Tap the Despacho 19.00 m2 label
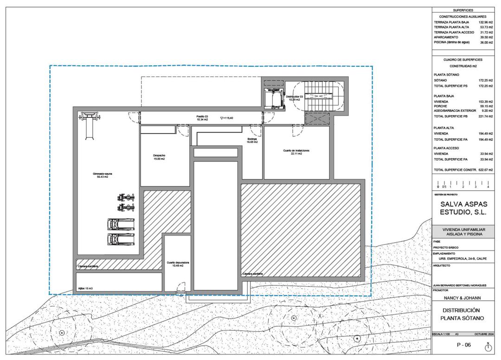click(x=160, y=157)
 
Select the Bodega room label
click(x=252, y=140)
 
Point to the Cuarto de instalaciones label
click(x=296, y=152)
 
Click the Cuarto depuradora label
click(x=178, y=264)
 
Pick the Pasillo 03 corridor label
click(x=201, y=118)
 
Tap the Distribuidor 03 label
click(x=294, y=98)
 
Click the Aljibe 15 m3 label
click(x=85, y=288)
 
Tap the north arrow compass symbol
click(x=488, y=346)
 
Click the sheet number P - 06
click(x=463, y=345)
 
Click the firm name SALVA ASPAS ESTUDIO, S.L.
click(x=463, y=208)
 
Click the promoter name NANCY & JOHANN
click(x=462, y=298)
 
